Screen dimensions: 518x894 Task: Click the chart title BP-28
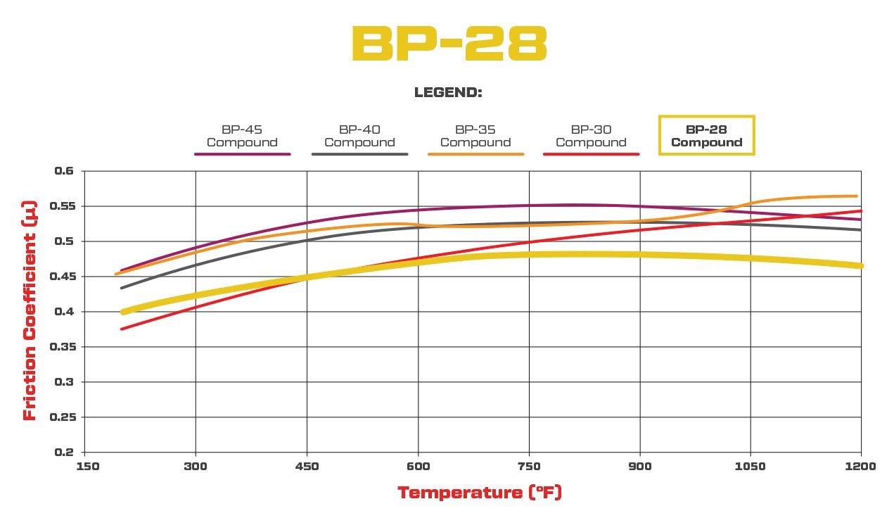point(449,44)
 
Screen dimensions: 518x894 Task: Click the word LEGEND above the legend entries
point(447,93)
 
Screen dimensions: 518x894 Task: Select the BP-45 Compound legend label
point(242,136)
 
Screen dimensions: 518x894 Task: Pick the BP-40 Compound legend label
point(359,136)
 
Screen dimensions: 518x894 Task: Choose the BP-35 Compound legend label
point(475,136)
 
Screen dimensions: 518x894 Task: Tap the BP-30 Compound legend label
point(591,136)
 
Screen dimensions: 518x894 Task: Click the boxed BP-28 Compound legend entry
point(706,135)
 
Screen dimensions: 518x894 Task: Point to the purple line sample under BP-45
point(242,153)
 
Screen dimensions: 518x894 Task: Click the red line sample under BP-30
point(591,153)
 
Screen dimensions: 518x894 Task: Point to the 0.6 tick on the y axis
point(64,171)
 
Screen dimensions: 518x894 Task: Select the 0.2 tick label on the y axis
point(64,453)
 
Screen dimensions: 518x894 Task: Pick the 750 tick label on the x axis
point(529,466)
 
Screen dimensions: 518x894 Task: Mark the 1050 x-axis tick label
point(751,466)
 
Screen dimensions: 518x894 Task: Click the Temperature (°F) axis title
point(480,493)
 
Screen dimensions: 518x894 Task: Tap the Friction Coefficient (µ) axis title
point(30,310)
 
